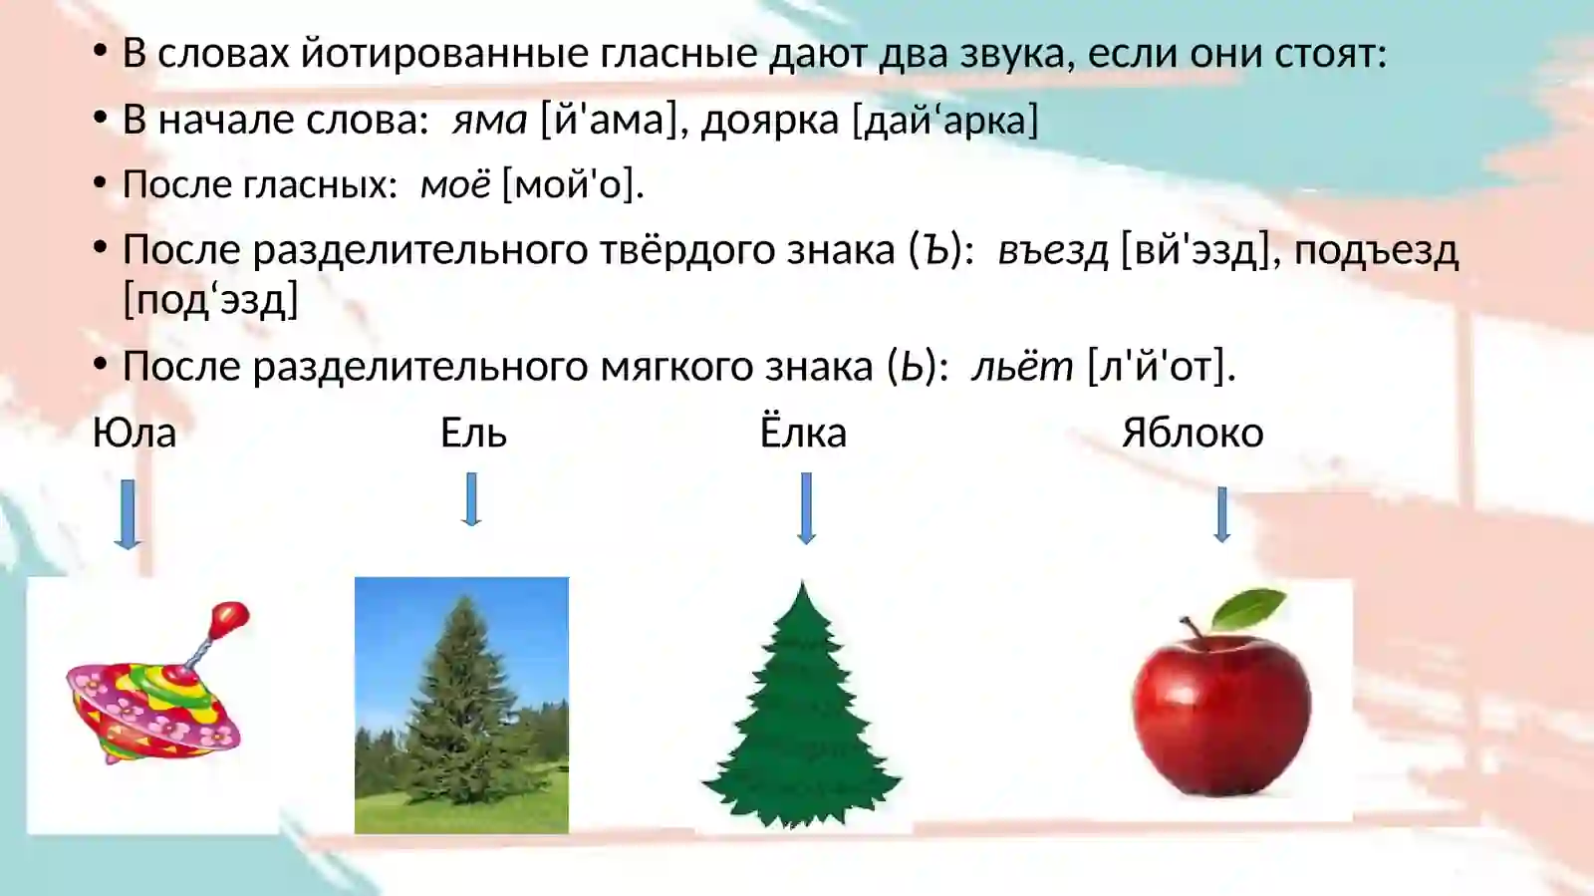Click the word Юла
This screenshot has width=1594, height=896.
[x=133, y=434]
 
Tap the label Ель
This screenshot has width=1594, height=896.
[x=473, y=434]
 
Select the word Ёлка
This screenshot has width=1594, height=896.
[x=803, y=432]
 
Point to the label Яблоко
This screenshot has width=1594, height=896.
[x=1193, y=434]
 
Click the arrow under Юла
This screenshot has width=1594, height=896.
[x=127, y=514]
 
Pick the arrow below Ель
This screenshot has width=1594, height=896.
[x=472, y=499]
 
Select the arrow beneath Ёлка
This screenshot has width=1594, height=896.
[x=806, y=508]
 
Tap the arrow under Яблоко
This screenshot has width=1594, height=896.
[x=1222, y=513]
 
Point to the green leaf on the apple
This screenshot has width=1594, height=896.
[x=1251, y=606]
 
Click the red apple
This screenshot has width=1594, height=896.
[x=1221, y=708]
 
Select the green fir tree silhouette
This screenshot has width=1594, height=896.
[x=802, y=713]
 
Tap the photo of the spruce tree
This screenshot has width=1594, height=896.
[x=461, y=705]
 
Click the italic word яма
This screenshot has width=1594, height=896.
[x=489, y=120]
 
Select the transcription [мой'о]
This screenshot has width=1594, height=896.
[x=573, y=184]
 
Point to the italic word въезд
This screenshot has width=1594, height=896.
[x=1052, y=250]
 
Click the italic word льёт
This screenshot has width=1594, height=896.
[x=1022, y=367]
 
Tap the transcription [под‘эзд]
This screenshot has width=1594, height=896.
[x=210, y=299]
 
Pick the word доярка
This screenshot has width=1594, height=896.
[x=769, y=120]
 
